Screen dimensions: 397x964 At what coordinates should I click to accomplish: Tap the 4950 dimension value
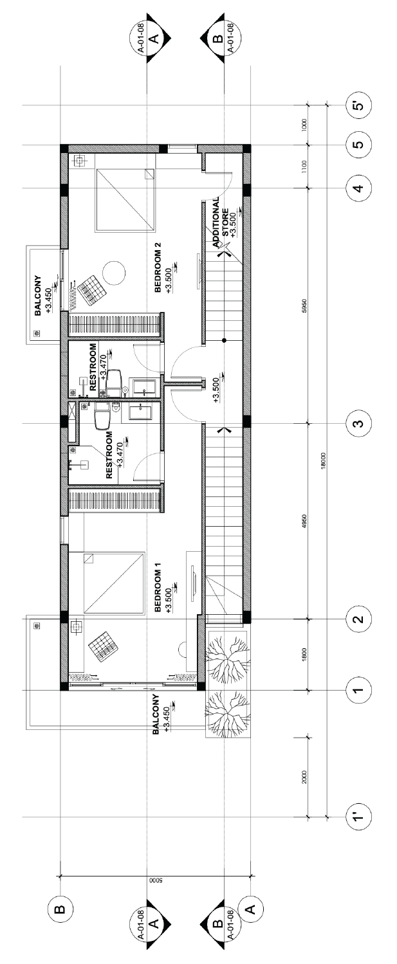(304, 522)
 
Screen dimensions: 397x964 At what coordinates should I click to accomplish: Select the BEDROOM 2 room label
(158, 268)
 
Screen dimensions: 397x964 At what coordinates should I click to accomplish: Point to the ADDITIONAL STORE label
(221, 222)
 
